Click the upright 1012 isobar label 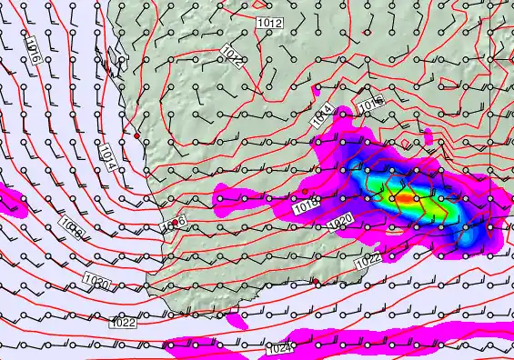pos(270,22)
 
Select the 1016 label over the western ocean pos(32,47)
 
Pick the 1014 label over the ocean pos(106,156)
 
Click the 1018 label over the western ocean pos(73,227)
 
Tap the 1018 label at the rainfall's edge pos(307,207)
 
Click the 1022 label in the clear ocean pos(123,322)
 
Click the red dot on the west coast pos(137,135)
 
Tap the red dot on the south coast pos(316,282)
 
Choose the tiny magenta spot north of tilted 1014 pos(317,90)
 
